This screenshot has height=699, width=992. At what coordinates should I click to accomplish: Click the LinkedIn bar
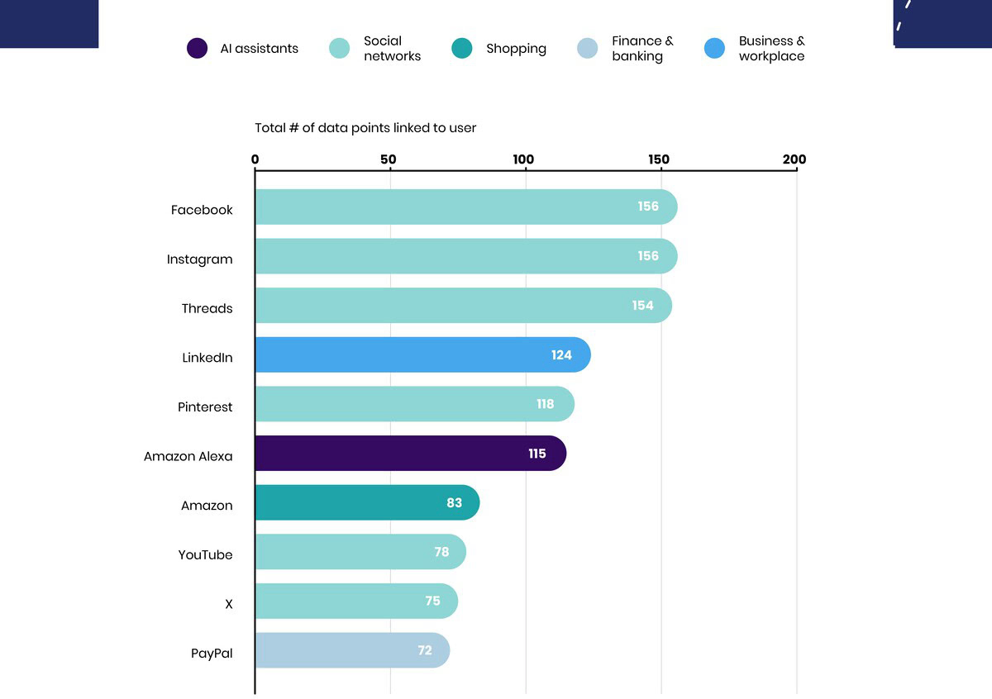coord(422,354)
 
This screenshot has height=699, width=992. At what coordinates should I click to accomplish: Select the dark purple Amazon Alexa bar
coord(410,454)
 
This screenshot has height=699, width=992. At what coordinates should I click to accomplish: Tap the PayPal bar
coord(352,650)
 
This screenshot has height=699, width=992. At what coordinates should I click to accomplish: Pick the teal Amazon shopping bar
coord(367,502)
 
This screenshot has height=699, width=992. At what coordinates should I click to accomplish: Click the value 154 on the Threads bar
coord(642,306)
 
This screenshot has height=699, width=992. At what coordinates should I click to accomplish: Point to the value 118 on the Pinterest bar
coord(545,404)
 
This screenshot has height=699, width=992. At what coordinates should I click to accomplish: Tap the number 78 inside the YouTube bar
coord(441,552)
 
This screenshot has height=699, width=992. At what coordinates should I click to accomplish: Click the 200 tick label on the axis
coord(794,159)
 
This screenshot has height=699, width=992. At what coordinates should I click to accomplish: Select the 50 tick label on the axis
coord(389,159)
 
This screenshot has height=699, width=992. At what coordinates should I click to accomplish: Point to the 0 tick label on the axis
coord(255,159)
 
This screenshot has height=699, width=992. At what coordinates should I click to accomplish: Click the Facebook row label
coord(202,210)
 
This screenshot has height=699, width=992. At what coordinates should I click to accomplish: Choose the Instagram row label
coord(199,259)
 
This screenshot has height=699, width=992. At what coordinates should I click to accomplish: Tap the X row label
coord(229,604)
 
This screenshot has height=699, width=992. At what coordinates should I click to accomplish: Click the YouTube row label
coord(205,555)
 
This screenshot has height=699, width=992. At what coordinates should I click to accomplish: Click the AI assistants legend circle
coord(197,49)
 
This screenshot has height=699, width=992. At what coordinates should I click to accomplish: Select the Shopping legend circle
coord(462,49)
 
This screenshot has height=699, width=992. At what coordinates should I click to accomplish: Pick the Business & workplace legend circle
coord(714,49)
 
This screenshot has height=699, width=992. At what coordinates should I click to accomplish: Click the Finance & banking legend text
coord(642,49)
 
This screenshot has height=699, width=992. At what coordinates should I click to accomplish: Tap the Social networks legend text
coord(392,49)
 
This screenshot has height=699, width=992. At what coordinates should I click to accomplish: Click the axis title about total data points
coord(365,128)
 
